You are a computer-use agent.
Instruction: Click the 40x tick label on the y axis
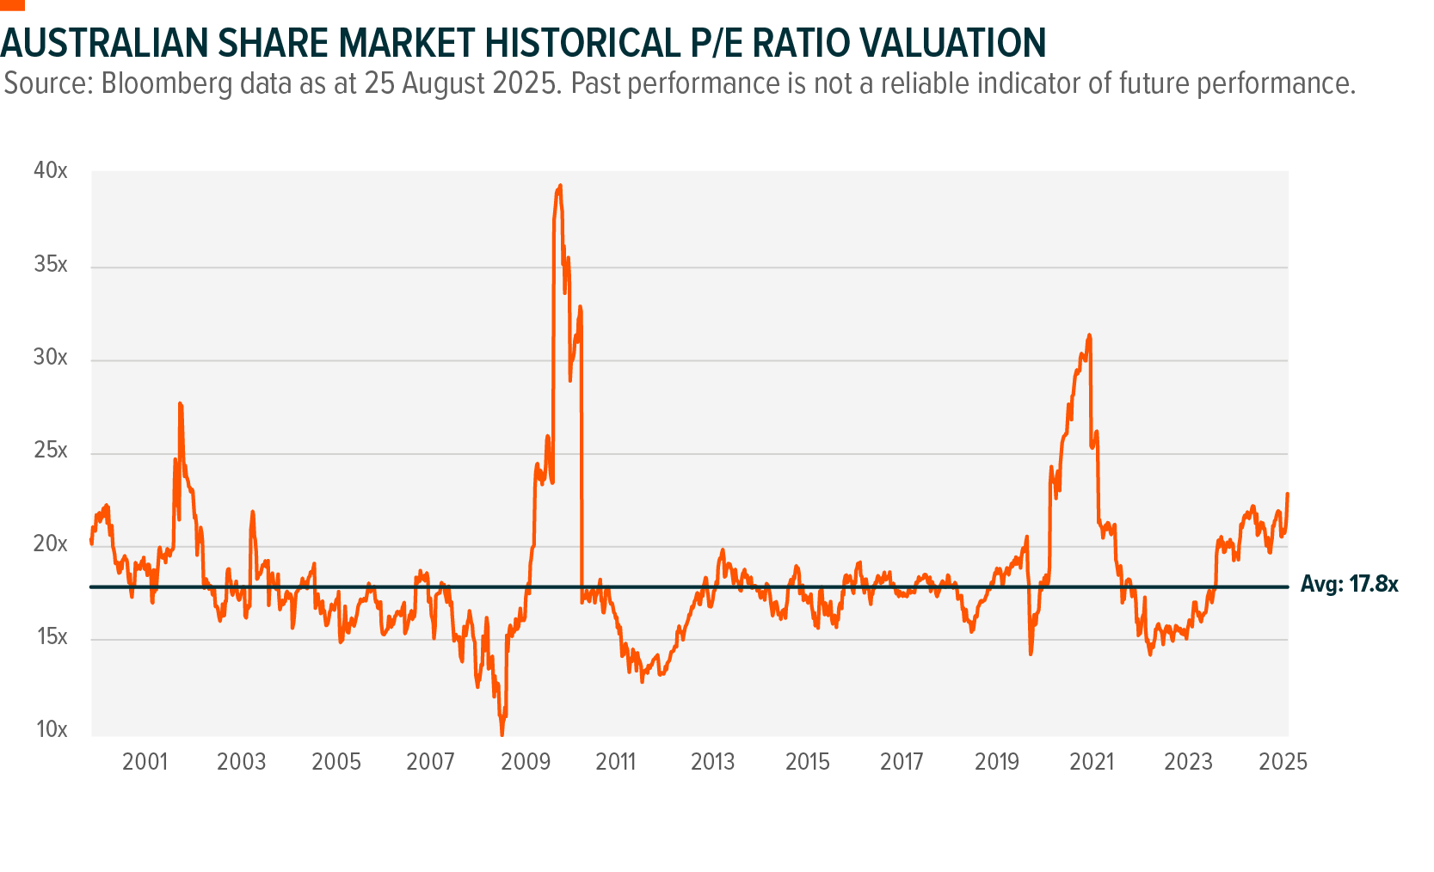(50, 170)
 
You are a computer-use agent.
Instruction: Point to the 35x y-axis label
(50, 264)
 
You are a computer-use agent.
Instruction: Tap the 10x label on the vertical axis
(51, 729)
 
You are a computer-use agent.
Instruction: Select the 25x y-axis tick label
(50, 451)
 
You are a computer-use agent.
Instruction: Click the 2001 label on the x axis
(145, 762)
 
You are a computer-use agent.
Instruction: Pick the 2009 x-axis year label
(525, 762)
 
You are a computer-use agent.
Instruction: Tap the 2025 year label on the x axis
(1283, 762)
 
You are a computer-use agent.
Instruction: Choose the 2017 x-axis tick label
(902, 762)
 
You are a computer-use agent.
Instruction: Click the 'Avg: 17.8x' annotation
(1349, 585)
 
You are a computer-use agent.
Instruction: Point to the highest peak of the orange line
(560, 185)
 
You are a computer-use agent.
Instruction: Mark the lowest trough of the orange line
(502, 734)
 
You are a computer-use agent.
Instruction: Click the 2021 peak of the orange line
(1089, 335)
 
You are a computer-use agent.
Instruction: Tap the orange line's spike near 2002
(180, 403)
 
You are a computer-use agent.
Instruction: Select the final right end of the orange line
(1288, 494)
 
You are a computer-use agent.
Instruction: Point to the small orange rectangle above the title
(12, 4)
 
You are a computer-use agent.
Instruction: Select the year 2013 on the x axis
(712, 762)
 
